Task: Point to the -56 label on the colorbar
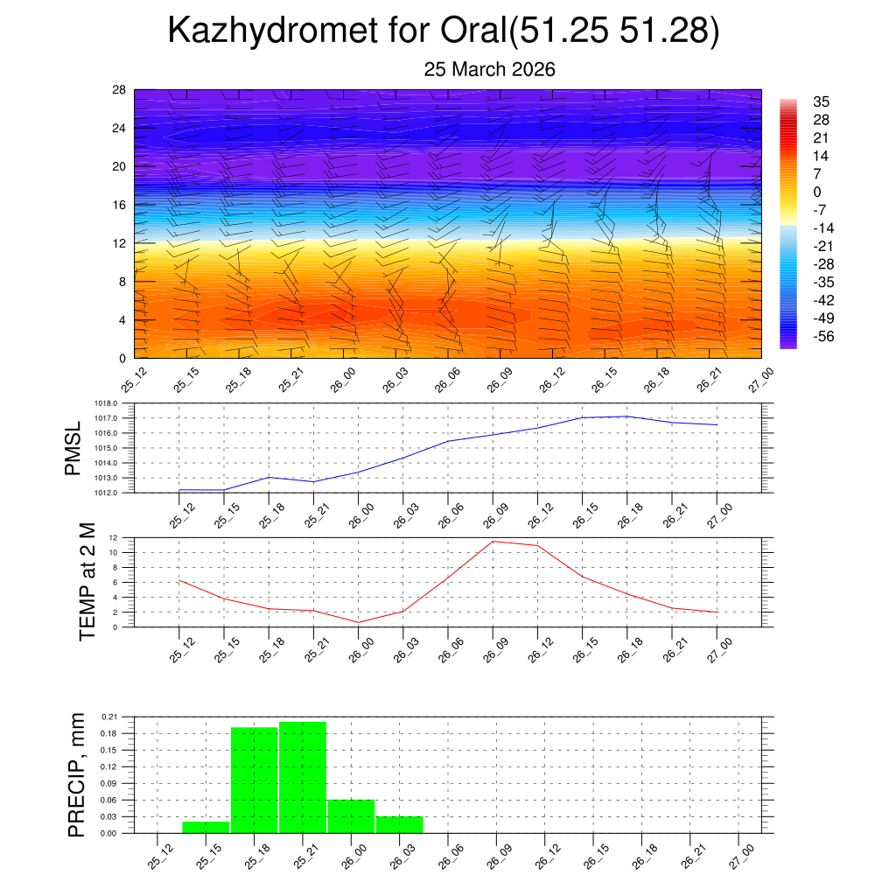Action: (x=823, y=337)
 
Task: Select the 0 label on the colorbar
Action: (x=817, y=192)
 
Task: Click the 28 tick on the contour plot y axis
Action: (x=119, y=90)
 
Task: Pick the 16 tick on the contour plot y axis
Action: (x=119, y=205)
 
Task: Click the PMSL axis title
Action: (x=73, y=448)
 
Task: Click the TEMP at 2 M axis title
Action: (x=87, y=582)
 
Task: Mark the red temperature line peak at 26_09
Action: (x=493, y=541)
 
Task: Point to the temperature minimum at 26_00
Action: (x=359, y=622)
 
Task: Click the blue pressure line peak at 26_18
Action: (x=627, y=416)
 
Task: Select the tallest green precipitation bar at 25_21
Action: (x=303, y=777)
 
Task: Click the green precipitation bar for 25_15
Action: (x=206, y=827)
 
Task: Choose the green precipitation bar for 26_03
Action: (x=400, y=824)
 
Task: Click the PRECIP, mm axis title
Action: (x=77, y=774)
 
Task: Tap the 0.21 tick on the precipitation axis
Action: (x=108, y=717)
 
